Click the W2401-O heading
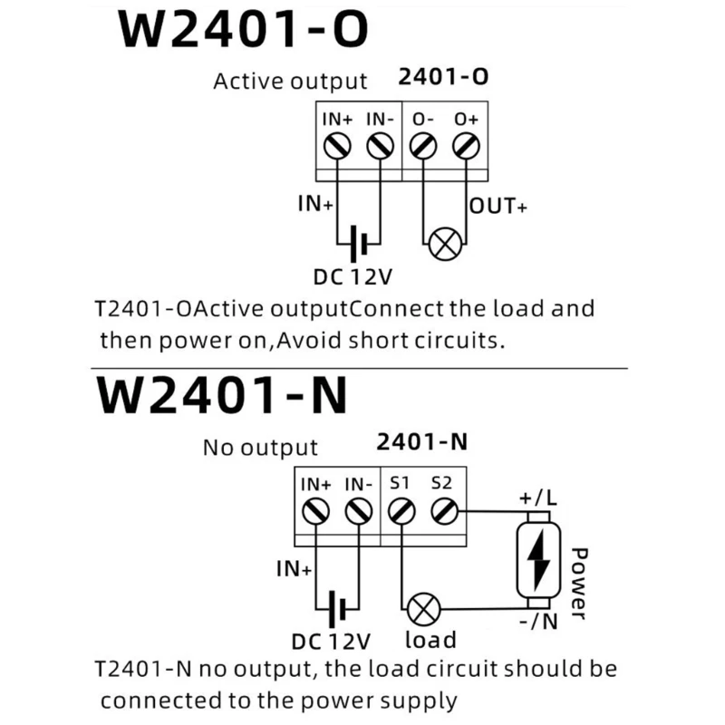243,29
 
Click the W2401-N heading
222,394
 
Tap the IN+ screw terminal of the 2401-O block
337,147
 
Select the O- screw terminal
423,147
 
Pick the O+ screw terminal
466,147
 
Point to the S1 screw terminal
401,511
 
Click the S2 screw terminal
444,511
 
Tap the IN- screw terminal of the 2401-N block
358,511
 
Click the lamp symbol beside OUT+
445,244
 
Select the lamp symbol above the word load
423,609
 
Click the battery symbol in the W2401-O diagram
358,244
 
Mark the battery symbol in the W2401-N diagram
337,609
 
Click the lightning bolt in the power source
538,560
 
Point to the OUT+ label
498,207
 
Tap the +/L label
538,498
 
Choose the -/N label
538,622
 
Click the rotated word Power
579,584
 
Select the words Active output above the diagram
290,82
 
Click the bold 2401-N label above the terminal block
421,441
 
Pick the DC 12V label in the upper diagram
353,277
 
